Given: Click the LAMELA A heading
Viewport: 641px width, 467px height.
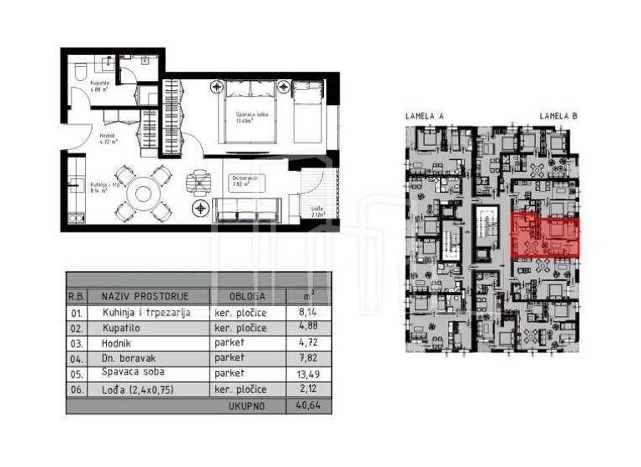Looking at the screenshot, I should (424, 116).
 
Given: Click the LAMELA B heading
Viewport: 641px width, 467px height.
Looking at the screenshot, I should (558, 116).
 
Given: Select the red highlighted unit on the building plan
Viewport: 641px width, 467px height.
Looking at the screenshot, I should (545, 234).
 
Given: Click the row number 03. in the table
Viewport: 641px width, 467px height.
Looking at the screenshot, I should (78, 343).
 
